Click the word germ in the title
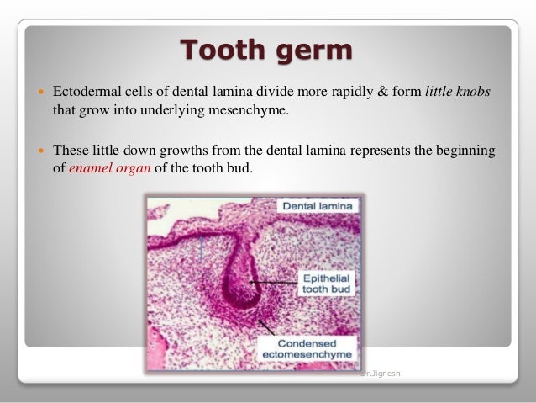(x=315, y=50)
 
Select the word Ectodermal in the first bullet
(x=89, y=90)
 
